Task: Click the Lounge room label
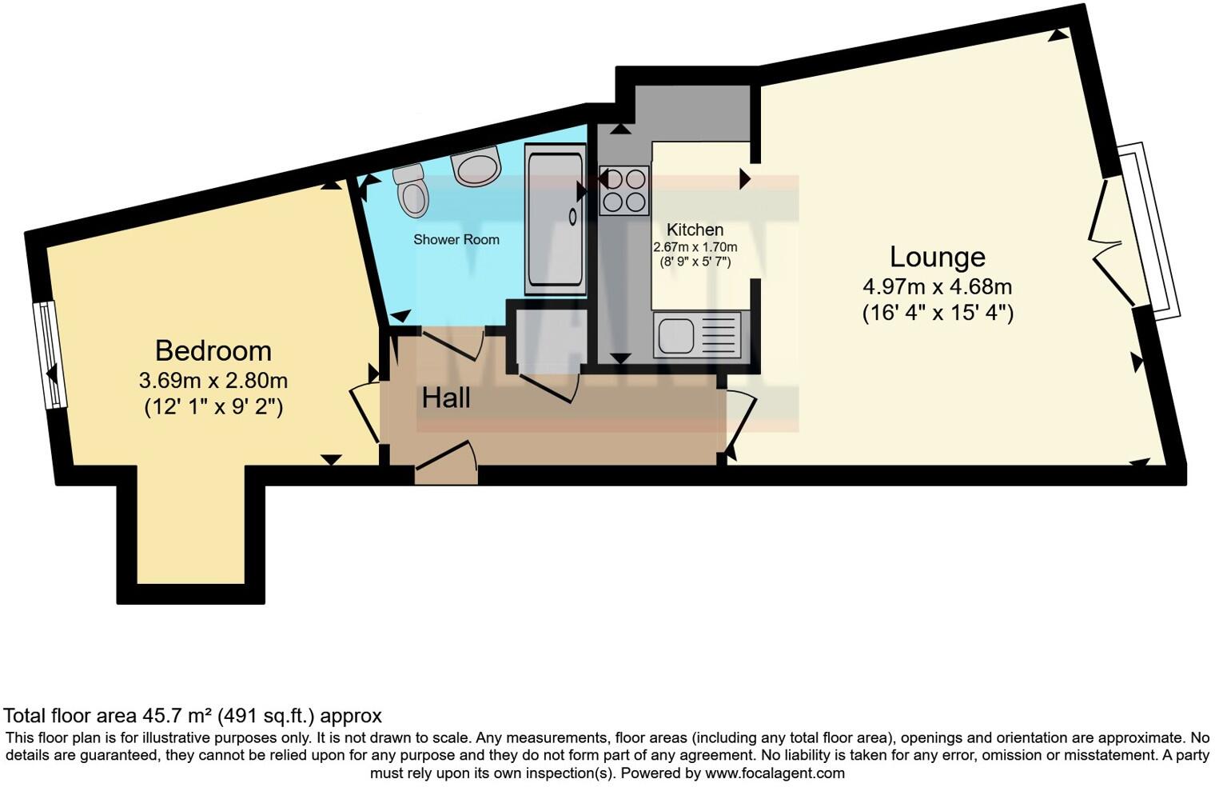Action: pyautogui.click(x=938, y=257)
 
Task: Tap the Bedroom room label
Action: pyautogui.click(x=213, y=350)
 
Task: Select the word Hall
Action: pyautogui.click(x=446, y=397)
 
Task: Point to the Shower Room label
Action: pyautogui.click(x=456, y=239)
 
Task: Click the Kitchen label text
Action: pyautogui.click(x=695, y=230)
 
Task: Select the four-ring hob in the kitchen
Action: pyautogui.click(x=624, y=190)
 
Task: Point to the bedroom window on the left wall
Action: pyautogui.click(x=50, y=354)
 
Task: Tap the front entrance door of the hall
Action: pyautogui.click(x=446, y=465)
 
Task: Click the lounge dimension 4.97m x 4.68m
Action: pyautogui.click(x=938, y=286)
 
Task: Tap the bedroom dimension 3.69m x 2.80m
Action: pyautogui.click(x=213, y=380)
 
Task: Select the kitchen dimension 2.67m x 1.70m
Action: pyautogui.click(x=695, y=247)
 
